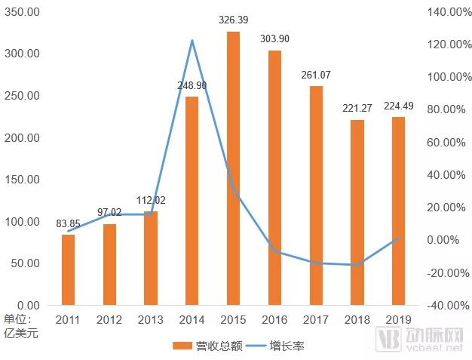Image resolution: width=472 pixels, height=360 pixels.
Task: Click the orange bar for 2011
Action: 68,270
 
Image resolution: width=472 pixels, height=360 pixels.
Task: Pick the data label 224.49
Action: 398,105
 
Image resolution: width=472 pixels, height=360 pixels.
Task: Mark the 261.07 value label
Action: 316,75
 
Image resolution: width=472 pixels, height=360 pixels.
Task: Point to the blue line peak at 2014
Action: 192,41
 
